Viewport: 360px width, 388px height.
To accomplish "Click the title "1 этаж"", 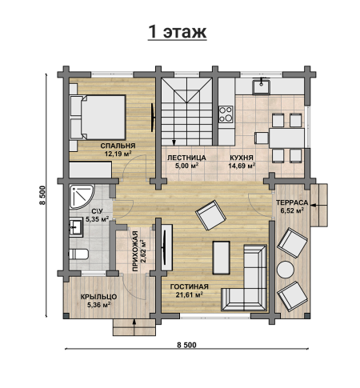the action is (177, 32).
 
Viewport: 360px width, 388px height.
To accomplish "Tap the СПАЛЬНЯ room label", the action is (118, 146).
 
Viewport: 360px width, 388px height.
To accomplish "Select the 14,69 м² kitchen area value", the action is (242, 166).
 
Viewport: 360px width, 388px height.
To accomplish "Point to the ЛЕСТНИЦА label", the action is (186, 158).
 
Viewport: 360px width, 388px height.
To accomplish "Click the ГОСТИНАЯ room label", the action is (190, 286).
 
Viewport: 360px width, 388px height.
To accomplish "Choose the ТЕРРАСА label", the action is (292, 202).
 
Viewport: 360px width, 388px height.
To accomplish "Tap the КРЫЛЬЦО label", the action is (98, 297).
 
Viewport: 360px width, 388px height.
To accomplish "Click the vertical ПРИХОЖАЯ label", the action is (135, 251).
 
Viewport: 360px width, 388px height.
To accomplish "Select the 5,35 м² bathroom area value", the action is (97, 219).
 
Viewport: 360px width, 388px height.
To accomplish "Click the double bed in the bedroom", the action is (98, 118).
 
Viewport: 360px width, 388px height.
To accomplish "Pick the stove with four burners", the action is (226, 114).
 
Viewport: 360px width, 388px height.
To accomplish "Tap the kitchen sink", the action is (262, 86).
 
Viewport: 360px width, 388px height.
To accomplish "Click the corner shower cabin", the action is (81, 197).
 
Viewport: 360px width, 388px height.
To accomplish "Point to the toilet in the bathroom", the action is (78, 254).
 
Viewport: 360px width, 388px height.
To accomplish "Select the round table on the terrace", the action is (286, 270).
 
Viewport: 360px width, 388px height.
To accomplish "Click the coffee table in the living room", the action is (221, 258).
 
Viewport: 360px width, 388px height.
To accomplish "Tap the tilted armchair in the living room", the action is (210, 215).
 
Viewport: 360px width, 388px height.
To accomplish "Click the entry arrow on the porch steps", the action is (134, 326).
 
